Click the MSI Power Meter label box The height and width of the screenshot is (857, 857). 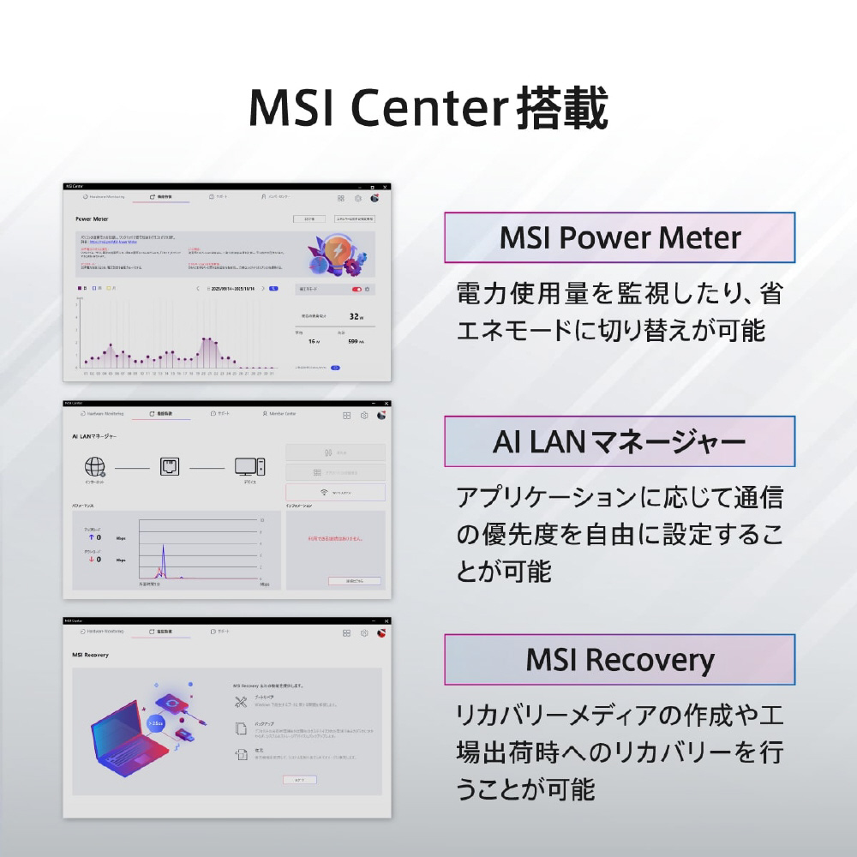(619, 237)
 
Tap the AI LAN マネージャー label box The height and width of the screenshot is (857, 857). (619, 442)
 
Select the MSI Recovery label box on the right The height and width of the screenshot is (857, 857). (619, 660)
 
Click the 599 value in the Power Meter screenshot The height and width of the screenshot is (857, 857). (351, 341)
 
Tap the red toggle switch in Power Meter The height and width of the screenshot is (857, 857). (357, 290)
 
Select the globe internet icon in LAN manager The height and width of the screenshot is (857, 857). (94, 467)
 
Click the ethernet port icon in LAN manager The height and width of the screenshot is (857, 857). (170, 467)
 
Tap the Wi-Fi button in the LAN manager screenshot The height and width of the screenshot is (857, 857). (335, 493)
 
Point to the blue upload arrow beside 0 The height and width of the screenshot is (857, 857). (91, 537)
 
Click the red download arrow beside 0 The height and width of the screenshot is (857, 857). (91, 559)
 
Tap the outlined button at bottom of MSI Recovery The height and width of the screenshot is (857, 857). (300, 780)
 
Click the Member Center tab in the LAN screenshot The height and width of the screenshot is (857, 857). (279, 414)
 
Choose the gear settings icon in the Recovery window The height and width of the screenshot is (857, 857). (364, 632)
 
